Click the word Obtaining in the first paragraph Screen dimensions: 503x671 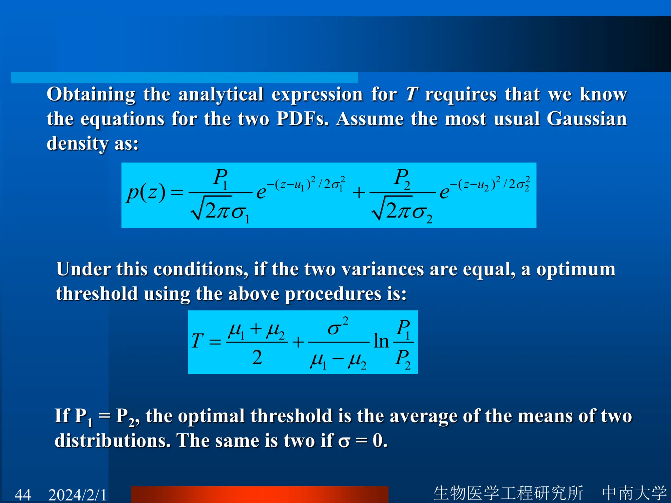91,95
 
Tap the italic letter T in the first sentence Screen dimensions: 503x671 412,94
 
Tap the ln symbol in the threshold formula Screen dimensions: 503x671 381,341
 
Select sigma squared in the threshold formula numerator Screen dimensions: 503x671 338,326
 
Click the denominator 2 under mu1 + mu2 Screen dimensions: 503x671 257,357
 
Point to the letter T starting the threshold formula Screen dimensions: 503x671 197,341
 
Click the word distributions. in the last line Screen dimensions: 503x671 113,441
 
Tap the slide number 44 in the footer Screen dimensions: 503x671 23,494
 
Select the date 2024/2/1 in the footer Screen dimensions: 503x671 77,494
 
